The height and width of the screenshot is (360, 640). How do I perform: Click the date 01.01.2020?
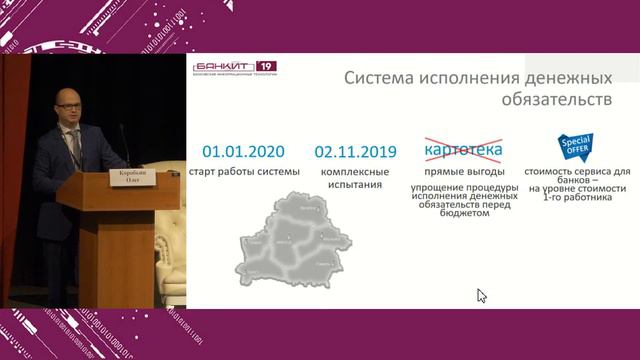click(x=243, y=152)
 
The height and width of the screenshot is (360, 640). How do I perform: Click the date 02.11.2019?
click(x=355, y=152)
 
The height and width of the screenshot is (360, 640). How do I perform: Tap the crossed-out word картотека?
click(x=463, y=151)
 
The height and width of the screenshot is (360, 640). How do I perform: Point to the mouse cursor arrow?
click(x=481, y=295)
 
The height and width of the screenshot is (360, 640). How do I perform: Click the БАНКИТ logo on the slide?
click(x=226, y=67)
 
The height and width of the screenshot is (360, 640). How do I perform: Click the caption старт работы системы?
click(x=243, y=173)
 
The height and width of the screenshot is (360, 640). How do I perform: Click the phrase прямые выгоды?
click(x=463, y=173)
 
